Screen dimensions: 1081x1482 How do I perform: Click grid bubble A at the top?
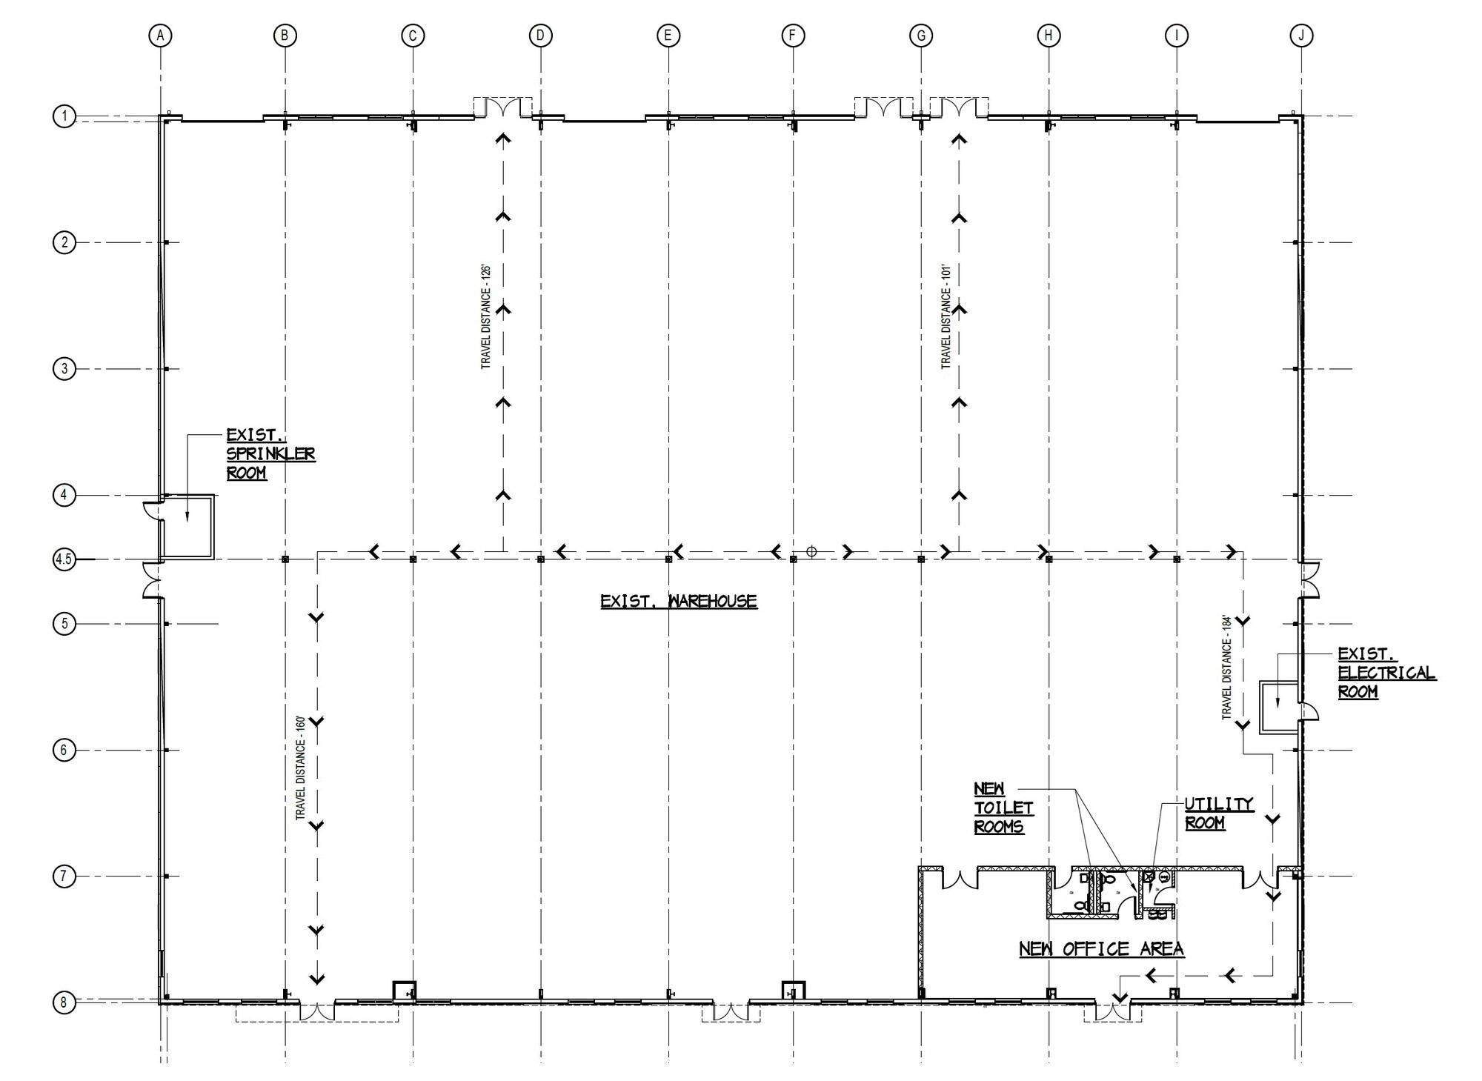[160, 35]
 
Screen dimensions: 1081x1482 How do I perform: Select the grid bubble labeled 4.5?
[64, 559]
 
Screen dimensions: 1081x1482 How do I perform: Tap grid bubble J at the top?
[1301, 35]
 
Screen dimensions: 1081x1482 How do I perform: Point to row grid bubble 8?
[64, 1003]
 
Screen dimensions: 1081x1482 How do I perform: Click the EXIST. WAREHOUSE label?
[679, 601]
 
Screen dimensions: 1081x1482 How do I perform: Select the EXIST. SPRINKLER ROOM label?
[270, 453]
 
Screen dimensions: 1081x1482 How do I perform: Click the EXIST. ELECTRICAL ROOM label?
[1386, 673]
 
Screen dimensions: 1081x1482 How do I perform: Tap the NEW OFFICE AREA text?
[1101, 949]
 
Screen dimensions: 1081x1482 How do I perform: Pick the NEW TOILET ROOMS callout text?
[1003, 808]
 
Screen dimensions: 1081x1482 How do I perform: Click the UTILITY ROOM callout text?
[1218, 813]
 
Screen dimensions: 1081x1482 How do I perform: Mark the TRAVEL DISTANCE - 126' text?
[486, 316]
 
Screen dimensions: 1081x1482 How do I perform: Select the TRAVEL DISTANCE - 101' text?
[946, 316]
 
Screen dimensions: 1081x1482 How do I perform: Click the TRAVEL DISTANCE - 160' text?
[301, 768]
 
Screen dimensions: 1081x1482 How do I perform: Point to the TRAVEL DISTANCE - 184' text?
[1227, 667]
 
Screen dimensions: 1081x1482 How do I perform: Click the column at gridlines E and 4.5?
[668, 559]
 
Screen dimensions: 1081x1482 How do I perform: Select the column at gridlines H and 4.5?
[1049, 559]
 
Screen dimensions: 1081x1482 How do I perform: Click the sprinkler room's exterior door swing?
[150, 511]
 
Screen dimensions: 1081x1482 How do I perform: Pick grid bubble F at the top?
[793, 35]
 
